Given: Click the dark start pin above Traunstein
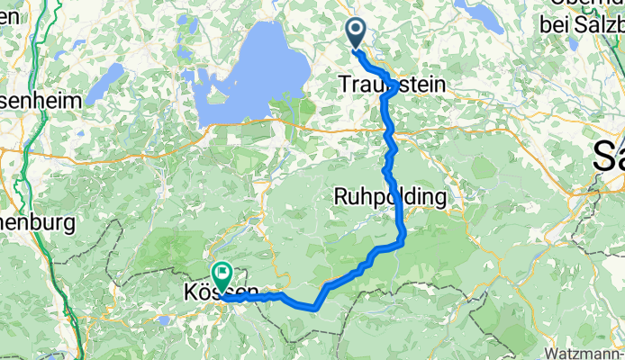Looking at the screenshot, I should coord(355,32).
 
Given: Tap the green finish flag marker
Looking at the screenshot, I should coord(221,271).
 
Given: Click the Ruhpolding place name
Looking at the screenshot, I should coord(390,196).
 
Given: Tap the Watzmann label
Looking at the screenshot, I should coord(584,352).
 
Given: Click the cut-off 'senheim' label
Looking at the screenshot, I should coord(41,100).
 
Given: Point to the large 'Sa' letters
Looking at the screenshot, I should coord(610,161).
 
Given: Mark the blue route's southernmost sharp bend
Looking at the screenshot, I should coord(315,308).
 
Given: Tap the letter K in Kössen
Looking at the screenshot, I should coord(189,293).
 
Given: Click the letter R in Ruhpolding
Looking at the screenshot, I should coord(340,196).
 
